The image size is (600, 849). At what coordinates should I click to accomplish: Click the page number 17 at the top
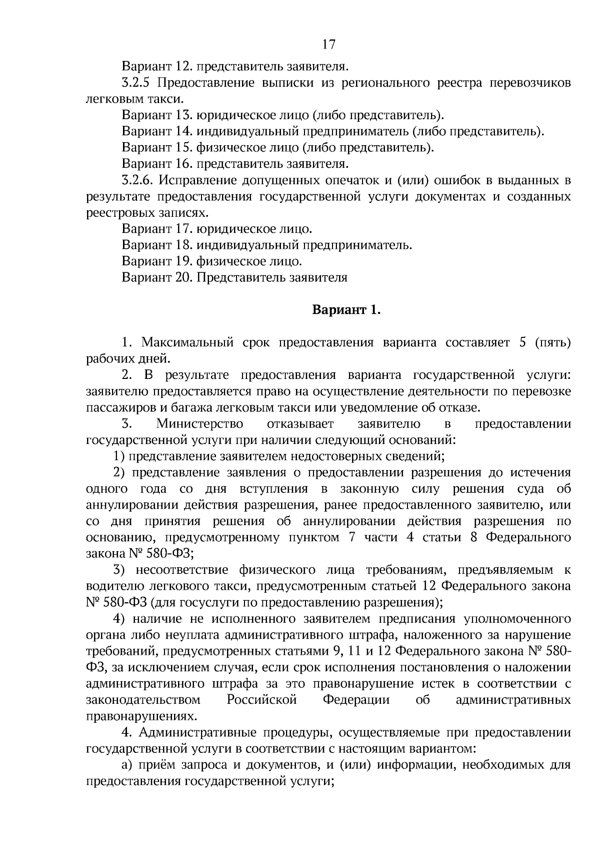[328, 45]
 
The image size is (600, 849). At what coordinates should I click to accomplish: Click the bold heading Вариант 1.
[346, 310]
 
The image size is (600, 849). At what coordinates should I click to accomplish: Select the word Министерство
[199, 424]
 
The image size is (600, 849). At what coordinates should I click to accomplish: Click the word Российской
[262, 700]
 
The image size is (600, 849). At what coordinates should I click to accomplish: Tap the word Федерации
[356, 700]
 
